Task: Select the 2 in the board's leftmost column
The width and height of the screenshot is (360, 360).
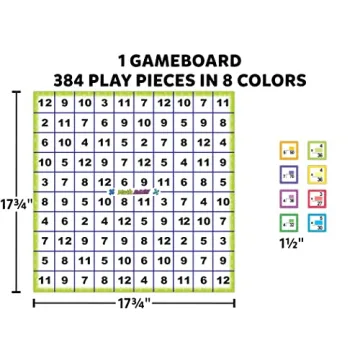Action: point(44,120)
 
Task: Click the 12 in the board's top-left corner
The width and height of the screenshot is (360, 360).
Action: point(44,101)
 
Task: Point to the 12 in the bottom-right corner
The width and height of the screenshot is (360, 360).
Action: point(230,279)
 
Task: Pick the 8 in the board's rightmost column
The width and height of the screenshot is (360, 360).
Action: point(230,120)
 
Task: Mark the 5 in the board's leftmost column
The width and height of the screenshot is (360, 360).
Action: point(44,260)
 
